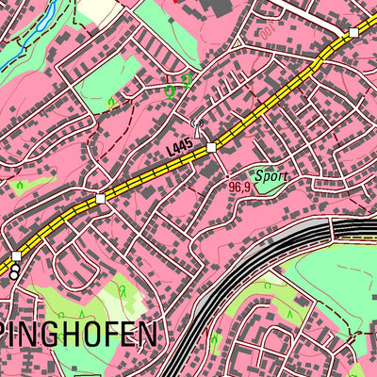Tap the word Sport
[x=270, y=175]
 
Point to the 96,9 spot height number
[x=239, y=187]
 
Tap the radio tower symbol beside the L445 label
[x=197, y=123]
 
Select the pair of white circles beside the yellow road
[x=15, y=270]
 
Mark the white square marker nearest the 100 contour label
[x=353, y=33]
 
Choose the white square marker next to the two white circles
[x=16, y=255]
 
